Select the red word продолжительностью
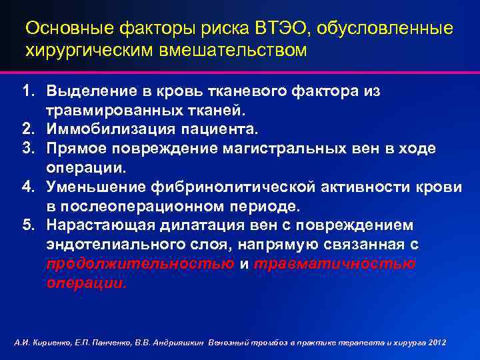[140, 263]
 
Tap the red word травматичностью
[334, 263]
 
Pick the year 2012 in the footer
[437, 342]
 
